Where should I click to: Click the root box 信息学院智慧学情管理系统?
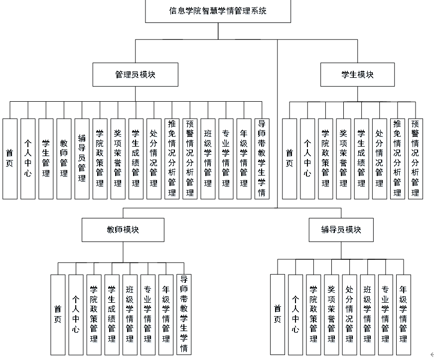pos(218,11)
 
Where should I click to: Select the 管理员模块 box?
pos(135,75)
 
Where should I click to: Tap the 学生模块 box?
pos(357,75)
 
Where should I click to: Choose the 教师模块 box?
pos(123,230)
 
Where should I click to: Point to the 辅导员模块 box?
pos(341,230)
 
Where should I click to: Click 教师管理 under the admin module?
pos(64,159)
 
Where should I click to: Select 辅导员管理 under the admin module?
pos(82,159)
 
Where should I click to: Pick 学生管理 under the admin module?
pos(46,159)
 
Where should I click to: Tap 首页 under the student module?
pos(289,159)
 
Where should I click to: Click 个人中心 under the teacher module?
pos(76,315)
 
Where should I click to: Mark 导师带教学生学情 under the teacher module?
pos(184,315)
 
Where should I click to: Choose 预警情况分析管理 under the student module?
pos(415,159)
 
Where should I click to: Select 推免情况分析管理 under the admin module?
pos(172,159)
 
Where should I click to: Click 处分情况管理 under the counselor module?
pos(349,315)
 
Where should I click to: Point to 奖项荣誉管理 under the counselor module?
pos(331,315)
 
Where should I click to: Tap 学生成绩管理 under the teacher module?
pos(112,315)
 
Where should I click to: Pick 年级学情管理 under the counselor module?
pos(403,315)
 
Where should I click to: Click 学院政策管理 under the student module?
pos(325,159)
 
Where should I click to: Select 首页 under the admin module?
pos(10,159)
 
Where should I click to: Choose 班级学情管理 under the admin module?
pos(208,159)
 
